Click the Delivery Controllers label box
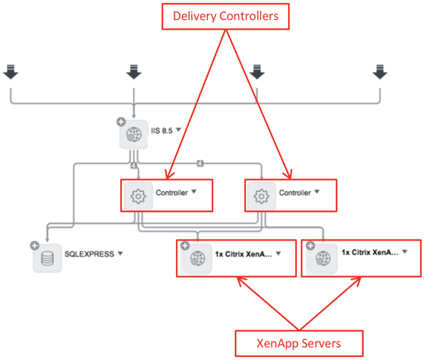pyautogui.click(x=225, y=16)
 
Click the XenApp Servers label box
pyautogui.click(x=298, y=343)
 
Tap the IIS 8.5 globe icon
pyautogui.click(x=134, y=135)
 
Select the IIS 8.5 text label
pyautogui.click(x=162, y=131)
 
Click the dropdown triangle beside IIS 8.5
pyautogui.click(x=178, y=129)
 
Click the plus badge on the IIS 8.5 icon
pyautogui.click(x=121, y=122)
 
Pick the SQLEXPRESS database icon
pyautogui.click(x=47, y=258)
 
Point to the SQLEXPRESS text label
pyautogui.click(x=89, y=254)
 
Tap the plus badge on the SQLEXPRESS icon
pyautogui.click(x=34, y=245)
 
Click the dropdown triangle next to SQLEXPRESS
pyautogui.click(x=120, y=253)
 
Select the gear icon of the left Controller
pyautogui.click(x=138, y=196)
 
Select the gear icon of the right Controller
pyautogui.click(x=262, y=196)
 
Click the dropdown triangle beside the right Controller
pyautogui.click(x=317, y=191)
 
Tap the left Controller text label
pyautogui.click(x=172, y=193)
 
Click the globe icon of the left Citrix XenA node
pyautogui.click(x=197, y=259)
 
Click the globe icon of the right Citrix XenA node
pyautogui.click(x=323, y=259)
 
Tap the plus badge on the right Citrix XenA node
pyautogui.click(x=310, y=245)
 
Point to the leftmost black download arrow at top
pyautogui.click(x=11, y=72)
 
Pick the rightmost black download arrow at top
pyautogui.click(x=380, y=72)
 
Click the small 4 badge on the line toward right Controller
pyautogui.click(x=201, y=163)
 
